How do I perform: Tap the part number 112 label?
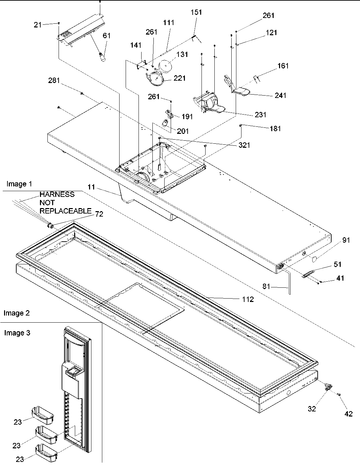248,299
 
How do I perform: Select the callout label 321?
244,145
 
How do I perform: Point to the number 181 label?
275,129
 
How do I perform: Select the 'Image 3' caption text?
17,333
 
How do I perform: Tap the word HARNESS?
57,195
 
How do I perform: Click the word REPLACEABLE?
66,210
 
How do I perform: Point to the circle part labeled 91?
313,260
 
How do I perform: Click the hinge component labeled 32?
328,387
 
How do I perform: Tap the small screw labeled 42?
338,394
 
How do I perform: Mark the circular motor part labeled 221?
156,79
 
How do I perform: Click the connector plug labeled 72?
50,225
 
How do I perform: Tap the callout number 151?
196,12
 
